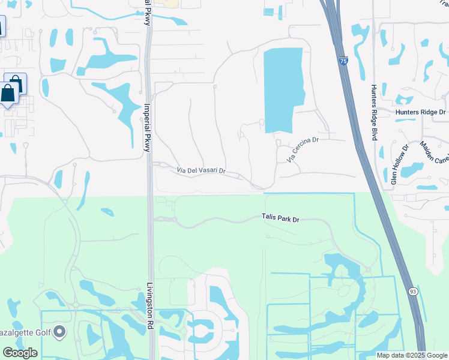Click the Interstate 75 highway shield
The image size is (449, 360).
[343, 61]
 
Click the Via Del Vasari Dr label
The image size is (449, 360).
[200, 171]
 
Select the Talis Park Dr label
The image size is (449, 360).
[280, 219]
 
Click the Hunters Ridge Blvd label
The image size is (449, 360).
[373, 112]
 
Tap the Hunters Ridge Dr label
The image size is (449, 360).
[420, 112]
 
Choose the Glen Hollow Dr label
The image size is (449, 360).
[399, 163]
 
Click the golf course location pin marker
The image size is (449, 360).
[59, 331]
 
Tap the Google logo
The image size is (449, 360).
[20, 353]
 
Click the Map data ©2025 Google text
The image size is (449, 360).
[411, 355]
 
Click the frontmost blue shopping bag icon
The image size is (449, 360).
[8, 94]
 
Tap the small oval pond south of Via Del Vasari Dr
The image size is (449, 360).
[107, 212]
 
